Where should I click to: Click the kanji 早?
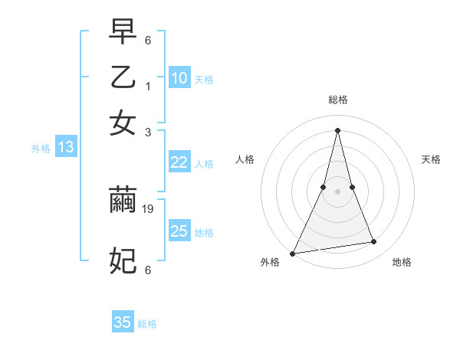tap(123, 33)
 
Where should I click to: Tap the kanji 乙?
tap(123, 77)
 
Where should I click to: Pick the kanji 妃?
tap(123, 260)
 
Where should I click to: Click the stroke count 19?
tap(149, 208)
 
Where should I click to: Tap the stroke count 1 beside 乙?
tap(148, 87)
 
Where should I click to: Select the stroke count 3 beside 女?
tap(148, 132)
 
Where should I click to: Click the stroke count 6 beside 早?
tap(148, 40)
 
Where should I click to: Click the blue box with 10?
tap(179, 78)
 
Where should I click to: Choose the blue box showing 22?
tap(179, 162)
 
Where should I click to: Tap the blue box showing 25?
tap(179, 231)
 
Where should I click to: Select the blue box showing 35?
tap(123, 322)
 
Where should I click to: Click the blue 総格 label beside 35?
tap(147, 324)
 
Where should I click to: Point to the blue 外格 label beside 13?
tap(40, 149)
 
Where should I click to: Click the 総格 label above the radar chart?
tap(337, 100)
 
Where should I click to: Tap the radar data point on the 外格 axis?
tap(293, 253)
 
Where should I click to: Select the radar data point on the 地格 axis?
tap(373, 242)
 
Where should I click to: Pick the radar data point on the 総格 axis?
tap(337, 130)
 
